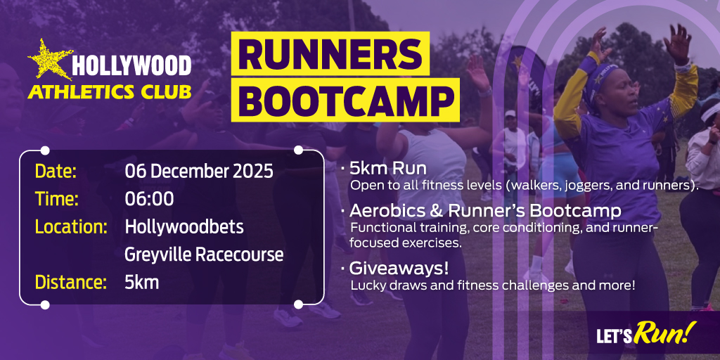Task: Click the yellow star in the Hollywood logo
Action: click(50, 60)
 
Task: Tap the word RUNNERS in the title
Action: click(330, 53)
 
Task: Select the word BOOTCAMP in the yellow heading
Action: click(345, 100)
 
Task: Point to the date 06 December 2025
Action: click(199, 172)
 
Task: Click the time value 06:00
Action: click(149, 199)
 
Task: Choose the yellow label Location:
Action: click(72, 227)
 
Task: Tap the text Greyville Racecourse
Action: click(204, 255)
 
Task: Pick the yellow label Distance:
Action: click(71, 283)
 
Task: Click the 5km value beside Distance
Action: click(142, 283)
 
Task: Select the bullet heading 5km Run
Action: click(388, 169)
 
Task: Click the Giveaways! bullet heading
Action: click(399, 268)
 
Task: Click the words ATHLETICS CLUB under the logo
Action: click(109, 92)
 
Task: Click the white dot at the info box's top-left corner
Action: click(45, 150)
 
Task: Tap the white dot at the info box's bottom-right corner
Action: click(298, 304)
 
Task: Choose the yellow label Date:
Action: click(56, 172)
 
